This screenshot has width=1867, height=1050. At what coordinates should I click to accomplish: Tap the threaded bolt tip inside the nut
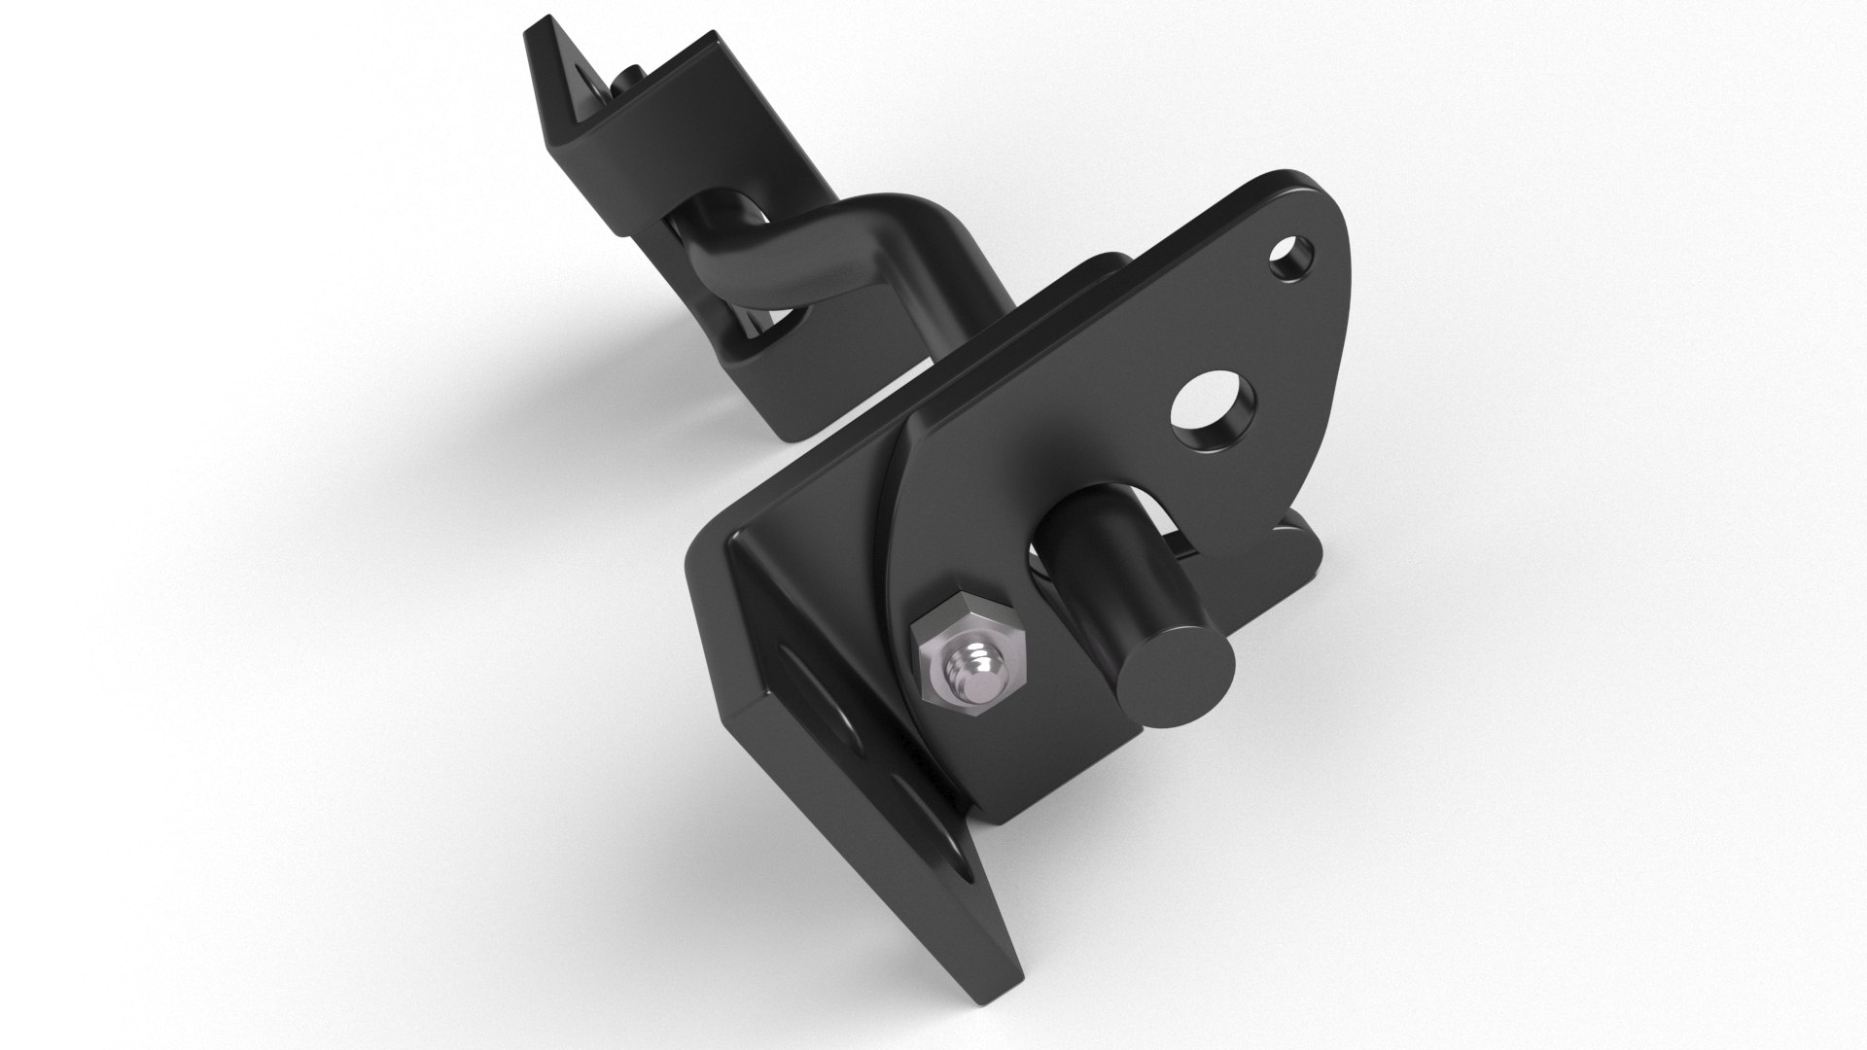click(976, 673)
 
